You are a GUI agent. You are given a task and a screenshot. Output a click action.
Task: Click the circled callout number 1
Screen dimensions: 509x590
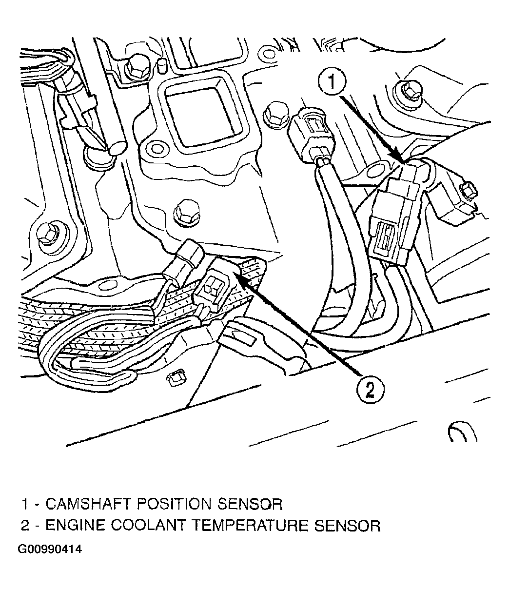332,81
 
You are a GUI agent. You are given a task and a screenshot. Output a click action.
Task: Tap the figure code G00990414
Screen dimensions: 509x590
50,550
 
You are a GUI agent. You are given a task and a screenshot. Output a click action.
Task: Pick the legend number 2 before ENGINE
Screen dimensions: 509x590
25,526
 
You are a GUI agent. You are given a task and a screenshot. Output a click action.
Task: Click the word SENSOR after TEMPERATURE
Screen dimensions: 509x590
348,526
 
